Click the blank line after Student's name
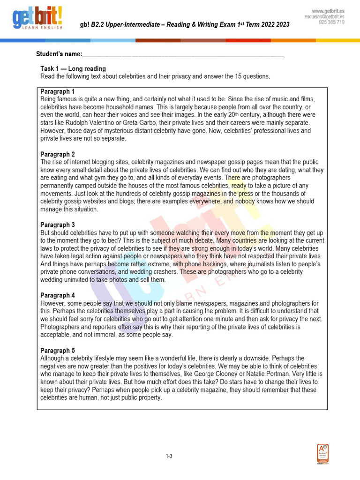click(x=183, y=55)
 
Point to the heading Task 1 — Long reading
click(x=73, y=68)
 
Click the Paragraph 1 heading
click(x=58, y=91)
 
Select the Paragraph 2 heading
click(x=58, y=154)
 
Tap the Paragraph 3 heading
click(x=58, y=225)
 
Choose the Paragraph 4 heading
click(x=58, y=296)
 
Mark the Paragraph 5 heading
click(x=58, y=351)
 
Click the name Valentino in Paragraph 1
click(x=119, y=123)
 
